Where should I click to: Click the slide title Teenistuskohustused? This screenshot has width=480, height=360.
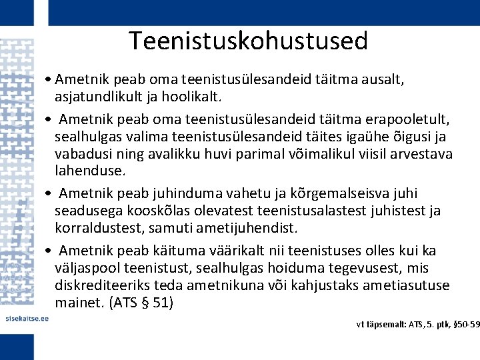(x=248, y=41)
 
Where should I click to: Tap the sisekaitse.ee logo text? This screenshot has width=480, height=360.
(x=27, y=319)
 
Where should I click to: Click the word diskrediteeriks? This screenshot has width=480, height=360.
(x=105, y=285)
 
